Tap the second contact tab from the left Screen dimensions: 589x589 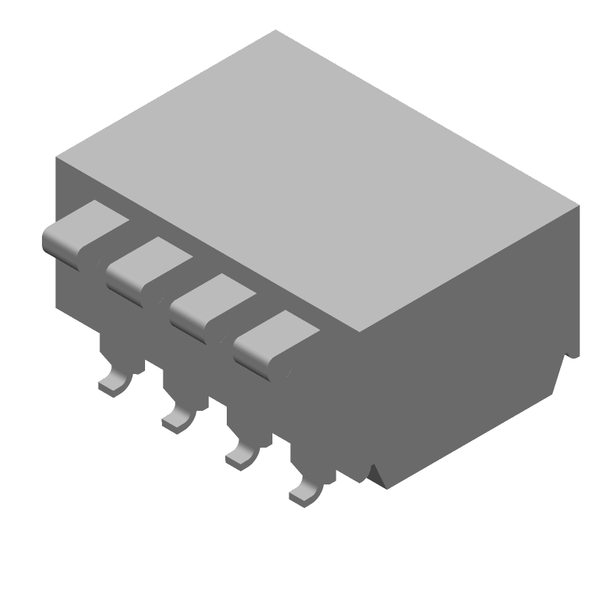147,267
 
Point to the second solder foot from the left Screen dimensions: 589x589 177,418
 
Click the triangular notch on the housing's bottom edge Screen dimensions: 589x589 377,475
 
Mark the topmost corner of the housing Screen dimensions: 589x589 275,31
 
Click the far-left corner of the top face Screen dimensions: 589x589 57,157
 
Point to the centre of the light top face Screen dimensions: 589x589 317,180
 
